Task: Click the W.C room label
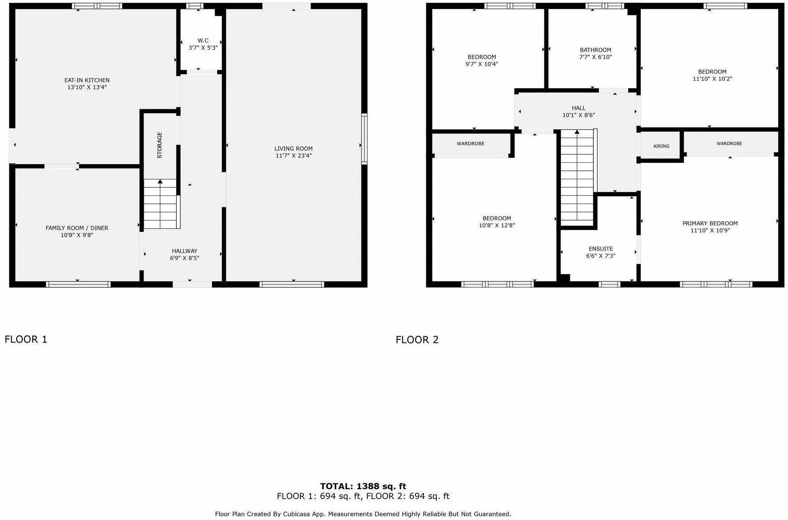coord(203,41)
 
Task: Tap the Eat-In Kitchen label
coord(87,80)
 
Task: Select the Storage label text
coord(159,145)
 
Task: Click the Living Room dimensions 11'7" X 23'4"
coord(294,156)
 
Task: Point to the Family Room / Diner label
coord(77,228)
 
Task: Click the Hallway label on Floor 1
coord(184,251)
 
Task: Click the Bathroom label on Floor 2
coord(595,50)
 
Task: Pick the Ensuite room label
coord(601,249)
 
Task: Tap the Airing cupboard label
coord(661,146)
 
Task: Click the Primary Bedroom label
coord(710,223)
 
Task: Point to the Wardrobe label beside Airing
coord(729,144)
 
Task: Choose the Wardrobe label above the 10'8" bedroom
coord(470,144)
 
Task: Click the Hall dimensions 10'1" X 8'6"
coord(579,115)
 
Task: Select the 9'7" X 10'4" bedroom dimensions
coord(481,64)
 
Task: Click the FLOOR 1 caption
coord(26,339)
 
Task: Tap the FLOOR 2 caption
coord(417,340)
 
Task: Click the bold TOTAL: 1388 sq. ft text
coord(363,486)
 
